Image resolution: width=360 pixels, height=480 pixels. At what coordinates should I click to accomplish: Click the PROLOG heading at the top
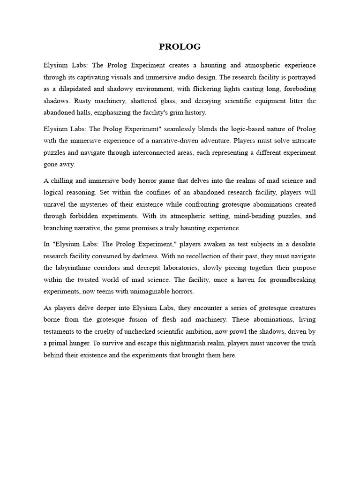point(180,46)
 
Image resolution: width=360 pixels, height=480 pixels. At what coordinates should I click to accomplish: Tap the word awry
point(67,165)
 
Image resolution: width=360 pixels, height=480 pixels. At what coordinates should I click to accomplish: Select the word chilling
point(66,181)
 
